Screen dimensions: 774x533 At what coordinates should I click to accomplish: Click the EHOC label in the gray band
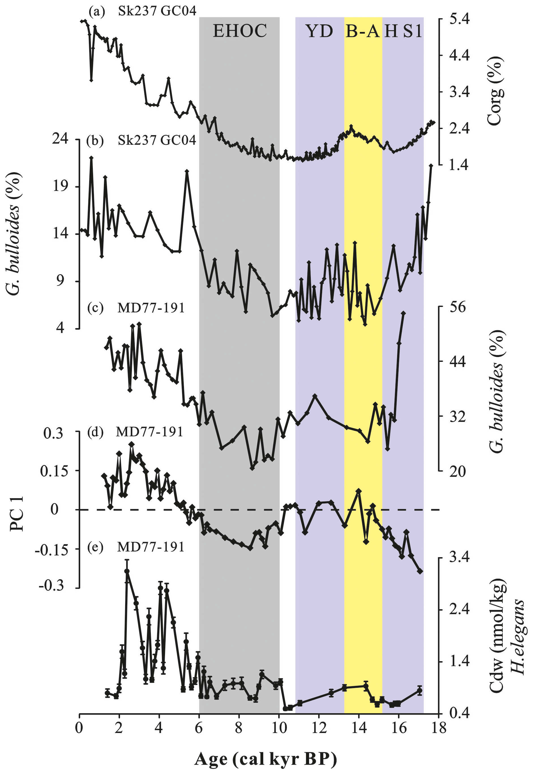tap(240, 31)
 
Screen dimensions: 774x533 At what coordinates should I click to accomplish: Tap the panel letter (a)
tap(97, 12)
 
